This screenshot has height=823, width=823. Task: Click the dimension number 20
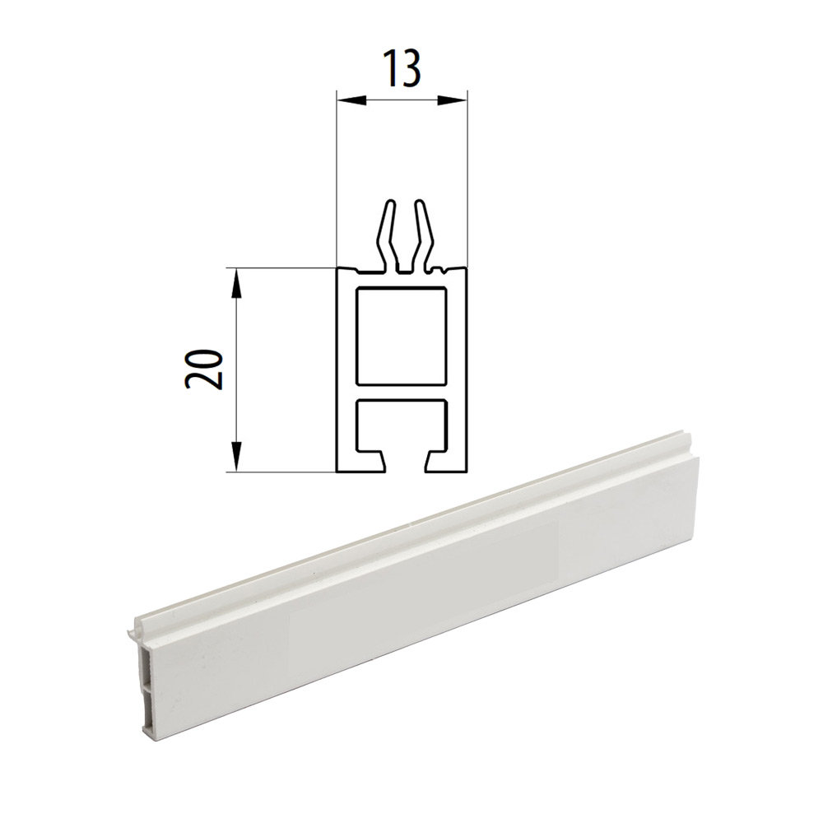[204, 368]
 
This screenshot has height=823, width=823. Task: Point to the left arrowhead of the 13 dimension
[349, 101]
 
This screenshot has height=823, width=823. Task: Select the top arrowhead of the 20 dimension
[237, 283]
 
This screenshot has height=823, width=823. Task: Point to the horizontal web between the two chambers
[402, 392]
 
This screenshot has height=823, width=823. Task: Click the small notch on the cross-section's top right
[445, 270]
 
